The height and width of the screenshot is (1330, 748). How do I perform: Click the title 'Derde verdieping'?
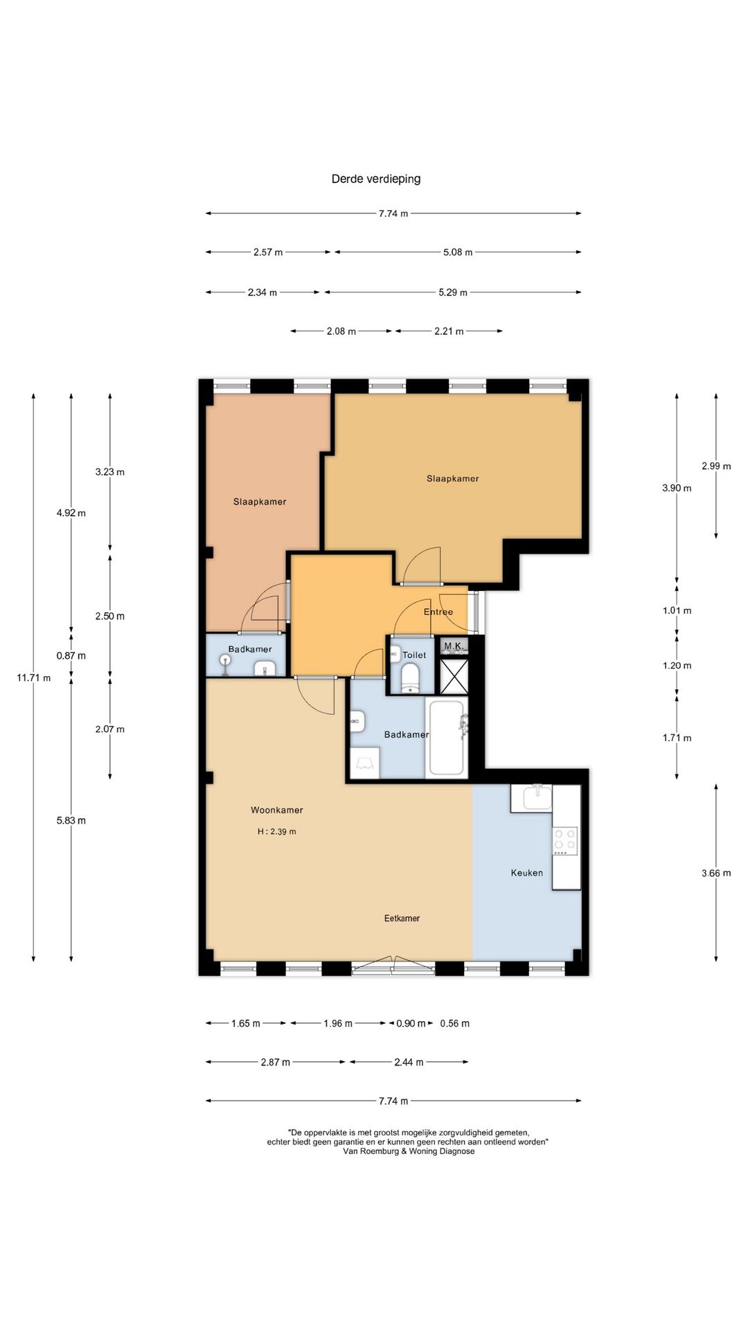376,179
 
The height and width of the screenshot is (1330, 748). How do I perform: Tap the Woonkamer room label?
277,810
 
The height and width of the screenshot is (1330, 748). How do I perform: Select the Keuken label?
527,873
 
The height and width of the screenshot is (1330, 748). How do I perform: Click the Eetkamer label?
402,919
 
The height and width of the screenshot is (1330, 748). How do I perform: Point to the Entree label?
438,612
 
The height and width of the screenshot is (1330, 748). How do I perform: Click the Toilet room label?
414,655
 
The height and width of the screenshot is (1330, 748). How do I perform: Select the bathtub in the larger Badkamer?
447,738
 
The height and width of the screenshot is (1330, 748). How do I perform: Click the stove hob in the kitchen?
565,841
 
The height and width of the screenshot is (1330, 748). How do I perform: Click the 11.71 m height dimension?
33,678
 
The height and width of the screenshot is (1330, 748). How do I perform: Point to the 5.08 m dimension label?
458,253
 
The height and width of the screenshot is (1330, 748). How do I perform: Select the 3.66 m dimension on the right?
716,873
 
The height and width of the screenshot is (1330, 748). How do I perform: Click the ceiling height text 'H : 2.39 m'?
276,831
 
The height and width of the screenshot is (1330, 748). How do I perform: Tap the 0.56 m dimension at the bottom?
455,1023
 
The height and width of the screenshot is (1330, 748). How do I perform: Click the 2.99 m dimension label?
716,466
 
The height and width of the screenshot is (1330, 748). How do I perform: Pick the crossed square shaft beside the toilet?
454,675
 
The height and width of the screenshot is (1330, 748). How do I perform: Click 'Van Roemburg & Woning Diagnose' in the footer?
409,1151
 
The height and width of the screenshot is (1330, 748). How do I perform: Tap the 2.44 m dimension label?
409,1062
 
